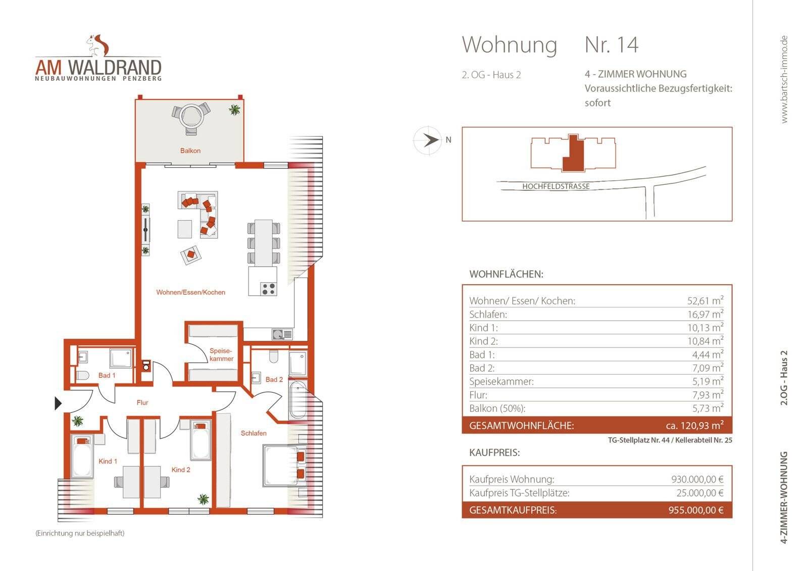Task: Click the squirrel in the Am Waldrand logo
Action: coord(98,45)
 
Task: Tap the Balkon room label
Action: coord(190,150)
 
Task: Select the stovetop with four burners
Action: coord(268,289)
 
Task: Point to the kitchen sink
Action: coord(282,334)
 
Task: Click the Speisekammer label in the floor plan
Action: coord(221,354)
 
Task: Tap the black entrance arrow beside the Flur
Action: coord(58,403)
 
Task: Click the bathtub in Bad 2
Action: coord(298,400)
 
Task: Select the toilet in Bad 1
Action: coord(83,376)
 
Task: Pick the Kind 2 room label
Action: coord(181,470)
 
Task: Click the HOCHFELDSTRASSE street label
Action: coord(556,186)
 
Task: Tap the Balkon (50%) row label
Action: coord(497,408)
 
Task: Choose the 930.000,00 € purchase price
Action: coord(697,479)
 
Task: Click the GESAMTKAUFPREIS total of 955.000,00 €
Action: coord(696,510)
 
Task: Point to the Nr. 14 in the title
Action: coord(612,45)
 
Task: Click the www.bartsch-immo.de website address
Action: coord(784,79)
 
